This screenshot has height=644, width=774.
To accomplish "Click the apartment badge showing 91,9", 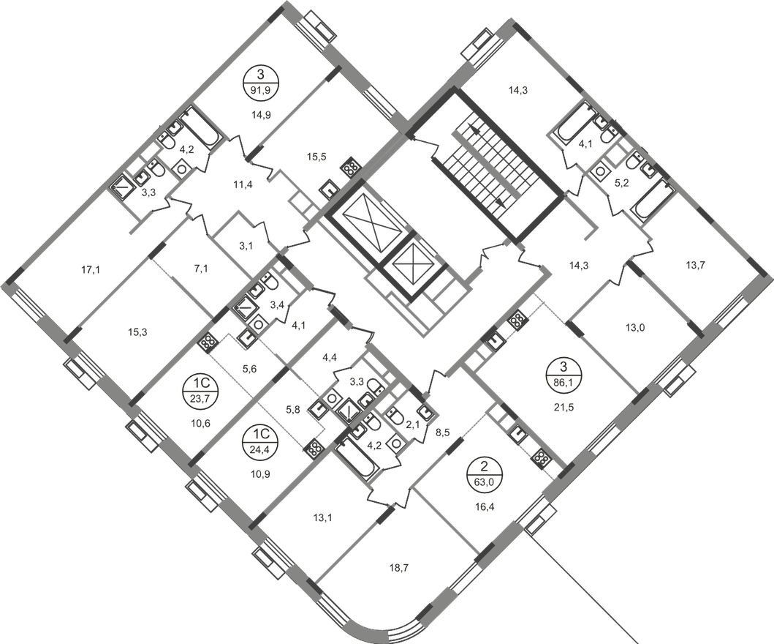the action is (261, 83).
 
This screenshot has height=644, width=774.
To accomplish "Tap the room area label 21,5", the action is (562, 408).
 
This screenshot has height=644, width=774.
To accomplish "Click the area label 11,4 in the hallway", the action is (243, 185).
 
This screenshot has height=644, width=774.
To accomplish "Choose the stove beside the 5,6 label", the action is (208, 342).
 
